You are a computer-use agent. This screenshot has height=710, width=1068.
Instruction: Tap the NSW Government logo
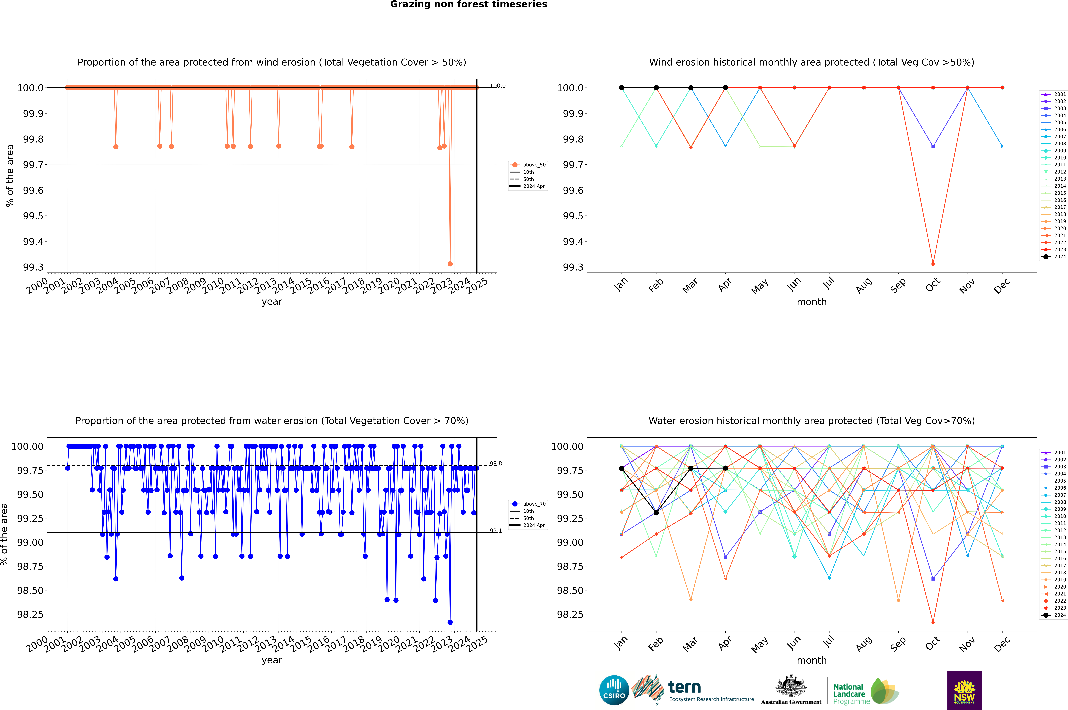[964, 690]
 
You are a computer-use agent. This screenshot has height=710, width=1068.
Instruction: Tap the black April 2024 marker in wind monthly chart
[725, 88]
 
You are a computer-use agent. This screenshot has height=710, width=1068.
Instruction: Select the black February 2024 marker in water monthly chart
[656, 513]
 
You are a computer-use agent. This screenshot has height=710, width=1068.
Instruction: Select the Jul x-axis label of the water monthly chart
[828, 643]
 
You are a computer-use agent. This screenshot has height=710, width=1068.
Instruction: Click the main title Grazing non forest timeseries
[469, 4]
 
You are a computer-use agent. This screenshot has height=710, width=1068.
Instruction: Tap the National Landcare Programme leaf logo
[885, 691]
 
